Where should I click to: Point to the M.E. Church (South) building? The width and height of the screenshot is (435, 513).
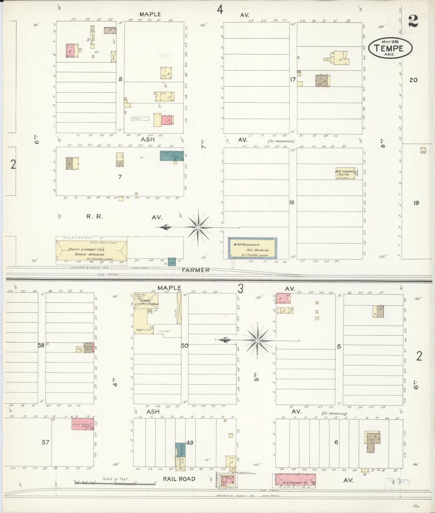[x=345, y=173]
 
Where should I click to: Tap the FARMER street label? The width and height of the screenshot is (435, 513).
[x=195, y=270]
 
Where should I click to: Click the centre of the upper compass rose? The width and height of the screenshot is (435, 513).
[x=198, y=228]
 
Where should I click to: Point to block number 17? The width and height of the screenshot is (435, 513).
[x=293, y=79]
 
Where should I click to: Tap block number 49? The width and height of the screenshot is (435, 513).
[x=189, y=443]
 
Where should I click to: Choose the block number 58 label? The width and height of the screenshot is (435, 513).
[x=41, y=345]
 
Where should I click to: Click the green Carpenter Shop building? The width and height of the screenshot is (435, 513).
[x=171, y=155]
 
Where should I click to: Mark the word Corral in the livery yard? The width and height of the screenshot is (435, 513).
[x=164, y=331]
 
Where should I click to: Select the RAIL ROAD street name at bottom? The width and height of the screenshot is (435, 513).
[x=179, y=479]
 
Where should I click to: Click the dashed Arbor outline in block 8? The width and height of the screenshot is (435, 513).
[x=140, y=119]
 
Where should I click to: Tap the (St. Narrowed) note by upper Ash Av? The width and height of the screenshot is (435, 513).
[x=280, y=141]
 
